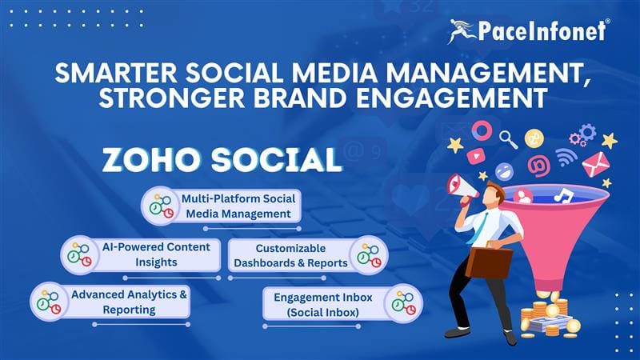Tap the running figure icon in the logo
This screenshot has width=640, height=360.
[x=463, y=31]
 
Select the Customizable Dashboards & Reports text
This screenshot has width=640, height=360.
[x=291, y=255]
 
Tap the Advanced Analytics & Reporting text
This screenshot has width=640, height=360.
[x=129, y=302]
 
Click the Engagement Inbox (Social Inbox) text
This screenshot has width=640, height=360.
[x=324, y=304]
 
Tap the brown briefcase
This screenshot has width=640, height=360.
[x=489, y=260]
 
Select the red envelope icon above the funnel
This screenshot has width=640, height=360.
[x=594, y=164]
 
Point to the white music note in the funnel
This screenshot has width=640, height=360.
[x=565, y=194]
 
